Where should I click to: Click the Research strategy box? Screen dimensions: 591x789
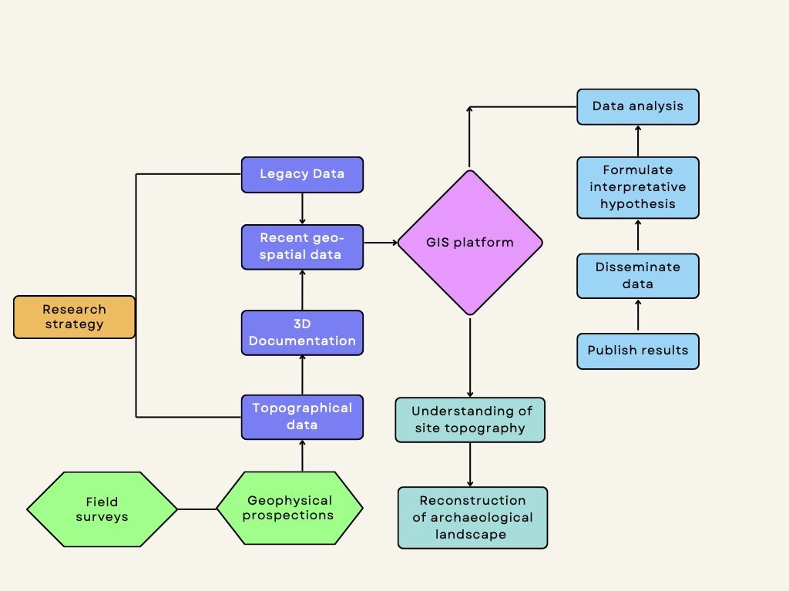tap(74, 317)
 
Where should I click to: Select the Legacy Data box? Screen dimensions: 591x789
tap(302, 174)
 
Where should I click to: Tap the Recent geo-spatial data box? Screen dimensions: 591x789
tap(302, 247)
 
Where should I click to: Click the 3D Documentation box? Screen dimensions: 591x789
tap(302, 332)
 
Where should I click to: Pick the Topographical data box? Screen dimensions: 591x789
tap(302, 417)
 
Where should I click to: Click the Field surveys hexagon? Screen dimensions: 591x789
tap(102, 509)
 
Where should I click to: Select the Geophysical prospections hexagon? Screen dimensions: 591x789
tap(289, 509)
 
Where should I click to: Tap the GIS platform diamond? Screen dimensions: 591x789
tap(470, 243)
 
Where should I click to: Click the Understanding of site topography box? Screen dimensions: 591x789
tap(470, 419)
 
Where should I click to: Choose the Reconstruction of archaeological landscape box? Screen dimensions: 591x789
tap(472, 517)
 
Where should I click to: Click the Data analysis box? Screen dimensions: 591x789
tap(638, 106)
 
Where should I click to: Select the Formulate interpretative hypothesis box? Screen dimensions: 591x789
tap(638, 187)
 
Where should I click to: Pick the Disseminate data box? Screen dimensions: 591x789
tap(638, 275)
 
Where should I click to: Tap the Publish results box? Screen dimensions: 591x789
tap(638, 351)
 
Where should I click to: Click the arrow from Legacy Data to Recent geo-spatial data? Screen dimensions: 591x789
tap(302, 208)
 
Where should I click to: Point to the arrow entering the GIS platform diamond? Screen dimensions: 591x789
tap(380, 243)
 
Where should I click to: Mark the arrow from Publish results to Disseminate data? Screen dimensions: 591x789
tap(638, 316)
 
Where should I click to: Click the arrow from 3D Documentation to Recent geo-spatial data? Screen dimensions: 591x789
tap(302, 290)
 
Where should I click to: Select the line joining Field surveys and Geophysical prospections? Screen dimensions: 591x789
tap(196, 509)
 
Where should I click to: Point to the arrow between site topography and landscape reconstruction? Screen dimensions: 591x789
tap(470, 464)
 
